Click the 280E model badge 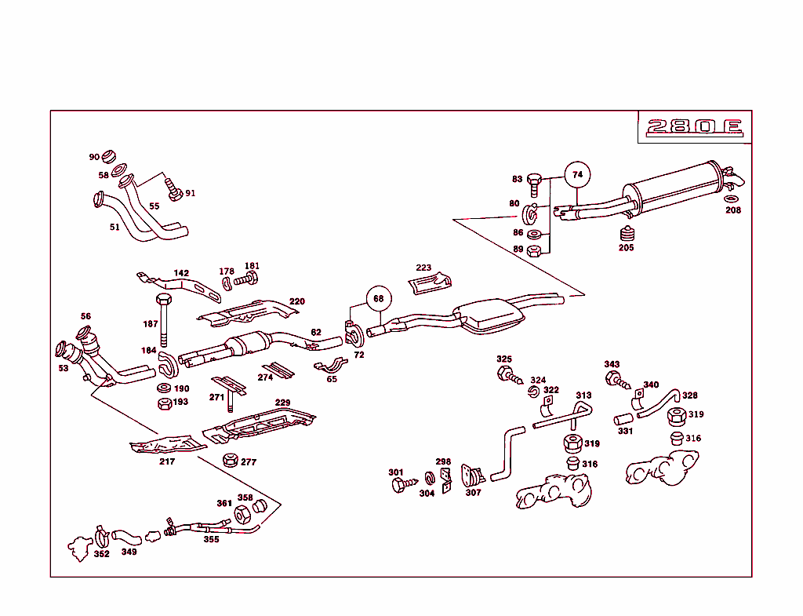pyautogui.click(x=694, y=127)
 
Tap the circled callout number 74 pyautogui.click(x=577, y=174)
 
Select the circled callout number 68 pyautogui.click(x=378, y=298)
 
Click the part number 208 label pyautogui.click(x=732, y=210)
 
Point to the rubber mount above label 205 pyautogui.click(x=625, y=233)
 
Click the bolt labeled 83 pyautogui.click(x=535, y=184)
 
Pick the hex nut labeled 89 pyautogui.click(x=535, y=250)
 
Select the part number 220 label pyautogui.click(x=296, y=301)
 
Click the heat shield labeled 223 pyautogui.click(x=431, y=282)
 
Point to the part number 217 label pyautogui.click(x=167, y=461)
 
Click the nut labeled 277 pyautogui.click(x=231, y=460)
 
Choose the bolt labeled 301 pyautogui.click(x=398, y=485)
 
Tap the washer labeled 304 pyautogui.click(x=429, y=478)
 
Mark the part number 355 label pyautogui.click(x=212, y=539)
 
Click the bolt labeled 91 pyautogui.click(x=174, y=188)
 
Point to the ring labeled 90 pyautogui.click(x=108, y=154)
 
